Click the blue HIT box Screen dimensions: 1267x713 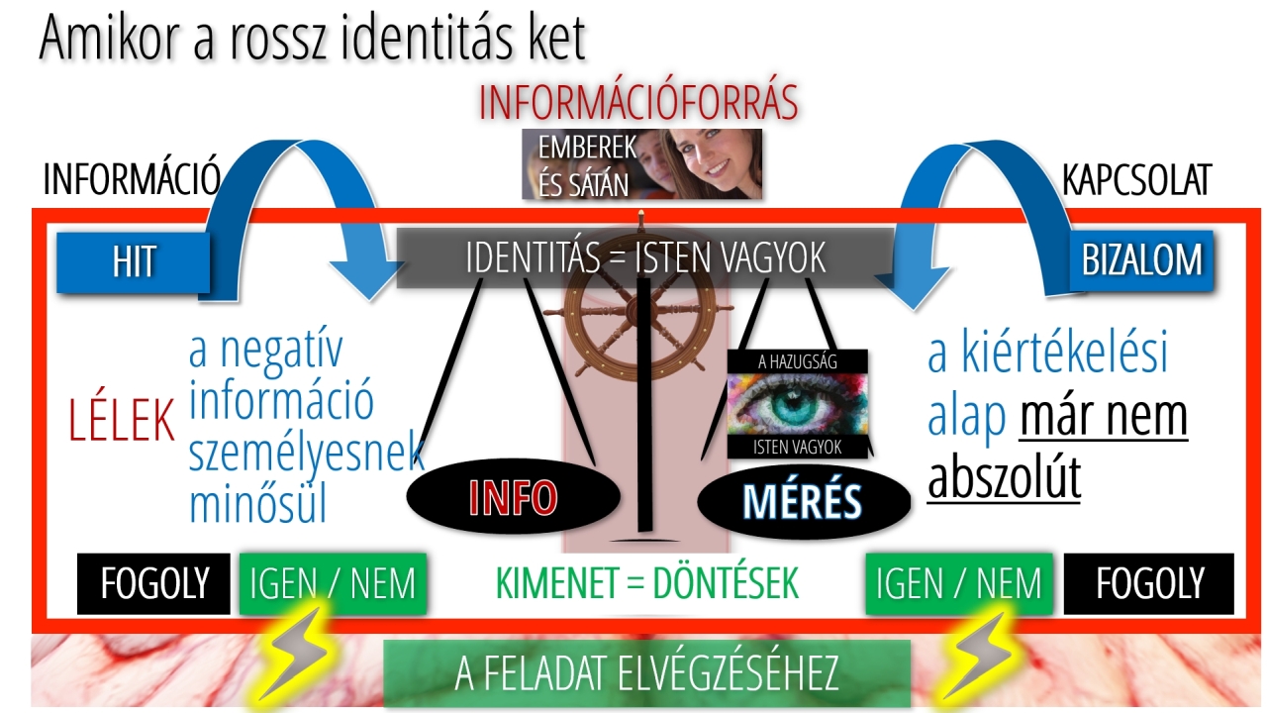(134, 262)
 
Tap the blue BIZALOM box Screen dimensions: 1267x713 (1141, 260)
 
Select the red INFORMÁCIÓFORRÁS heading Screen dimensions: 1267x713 (638, 102)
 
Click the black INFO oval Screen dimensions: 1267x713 (514, 496)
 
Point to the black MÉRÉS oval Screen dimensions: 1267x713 (804, 501)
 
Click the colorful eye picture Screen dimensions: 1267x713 (797, 403)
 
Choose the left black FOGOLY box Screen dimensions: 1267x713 (153, 584)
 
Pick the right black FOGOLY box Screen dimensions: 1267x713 (1149, 584)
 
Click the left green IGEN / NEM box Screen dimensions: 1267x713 (333, 584)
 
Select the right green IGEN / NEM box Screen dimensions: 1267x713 (959, 584)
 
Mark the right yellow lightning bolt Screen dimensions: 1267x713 (977, 657)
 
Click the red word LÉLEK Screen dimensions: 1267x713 (121, 419)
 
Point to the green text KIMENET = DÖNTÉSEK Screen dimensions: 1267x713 (646, 583)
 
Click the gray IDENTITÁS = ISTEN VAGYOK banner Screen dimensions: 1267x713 (644, 258)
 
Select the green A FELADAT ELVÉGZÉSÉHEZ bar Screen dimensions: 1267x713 (646, 673)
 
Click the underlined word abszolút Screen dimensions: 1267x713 (1005, 478)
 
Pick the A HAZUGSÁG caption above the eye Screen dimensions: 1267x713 (797, 361)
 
